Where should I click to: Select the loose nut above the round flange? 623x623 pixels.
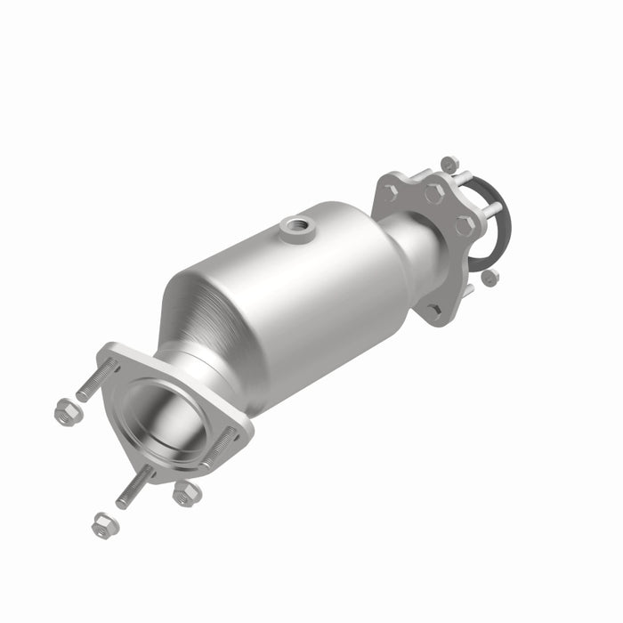pyautogui.click(x=449, y=165)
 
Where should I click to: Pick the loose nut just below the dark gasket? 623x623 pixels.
pyautogui.click(x=489, y=278)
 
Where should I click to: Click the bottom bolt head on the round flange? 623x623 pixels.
pyautogui.click(x=433, y=311)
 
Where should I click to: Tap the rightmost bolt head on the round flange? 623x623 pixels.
pyautogui.click(x=464, y=225)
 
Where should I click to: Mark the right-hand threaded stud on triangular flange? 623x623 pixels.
pyautogui.click(x=220, y=449)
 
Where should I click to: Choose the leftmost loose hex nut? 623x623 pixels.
pyautogui.click(x=65, y=412)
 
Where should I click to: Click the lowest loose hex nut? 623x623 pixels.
pyautogui.click(x=104, y=524)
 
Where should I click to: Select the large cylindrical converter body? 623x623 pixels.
pyautogui.click(x=294, y=294)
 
